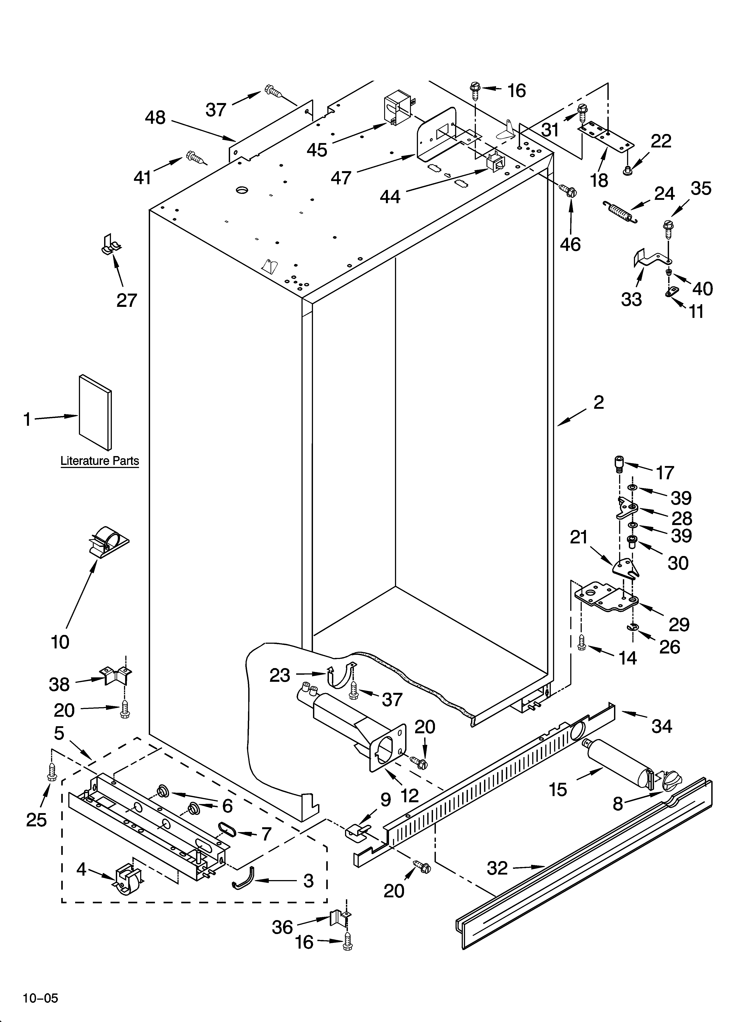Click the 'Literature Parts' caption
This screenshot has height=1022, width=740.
100,461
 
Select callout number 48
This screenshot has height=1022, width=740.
155,118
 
